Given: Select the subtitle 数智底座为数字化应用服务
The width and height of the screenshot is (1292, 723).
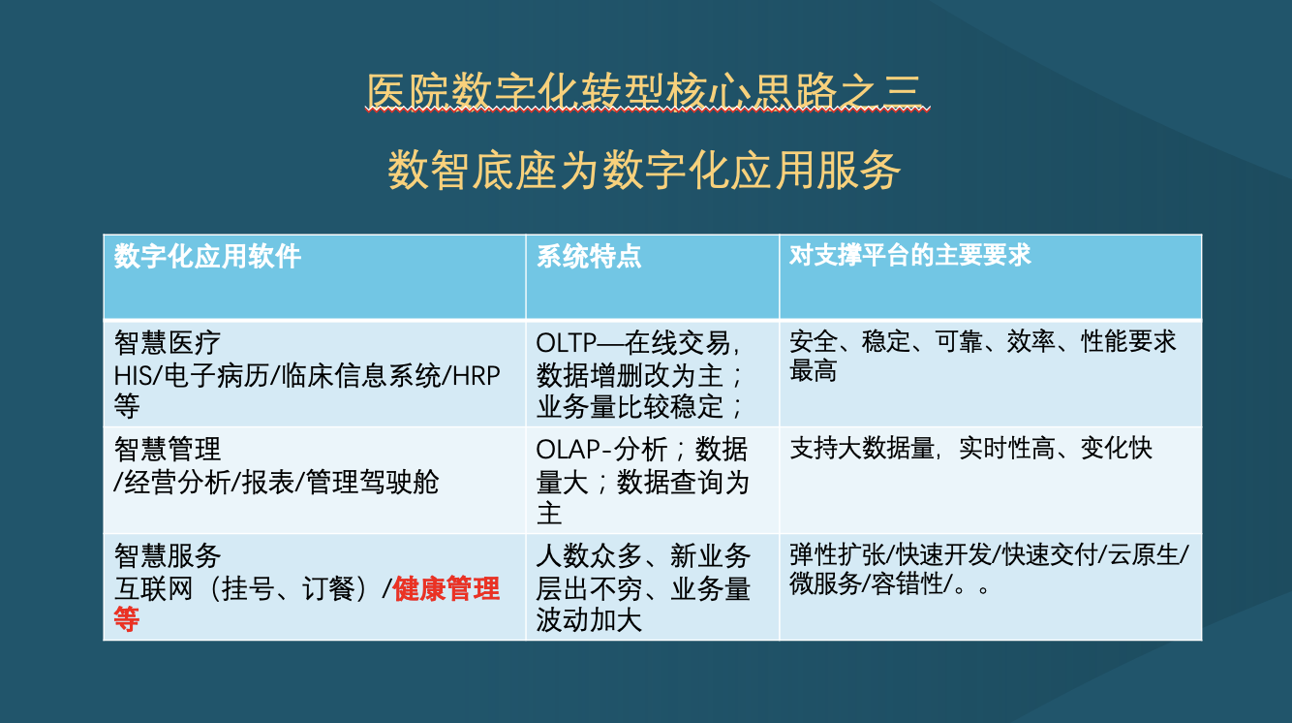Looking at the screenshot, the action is tap(644, 170).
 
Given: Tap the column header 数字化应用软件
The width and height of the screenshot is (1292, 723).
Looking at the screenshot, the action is tap(207, 256).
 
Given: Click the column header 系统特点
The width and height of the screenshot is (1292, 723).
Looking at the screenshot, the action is tap(589, 256).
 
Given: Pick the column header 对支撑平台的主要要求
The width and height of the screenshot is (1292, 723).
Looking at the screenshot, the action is tap(909, 255).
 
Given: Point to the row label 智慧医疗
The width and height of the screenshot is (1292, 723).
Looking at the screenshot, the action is tap(168, 343).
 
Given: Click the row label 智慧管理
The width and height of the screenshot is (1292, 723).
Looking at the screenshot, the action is tap(168, 449).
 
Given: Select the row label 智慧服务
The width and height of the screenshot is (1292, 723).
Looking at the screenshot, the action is tap(168, 555).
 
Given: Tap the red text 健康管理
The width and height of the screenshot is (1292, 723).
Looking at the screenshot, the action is tap(446, 588).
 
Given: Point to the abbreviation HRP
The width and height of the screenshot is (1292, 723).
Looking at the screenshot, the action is tap(477, 376).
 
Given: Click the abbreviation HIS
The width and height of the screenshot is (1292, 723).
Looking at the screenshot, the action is tap(133, 376).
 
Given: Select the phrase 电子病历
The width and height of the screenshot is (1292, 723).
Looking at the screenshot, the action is tap(217, 376).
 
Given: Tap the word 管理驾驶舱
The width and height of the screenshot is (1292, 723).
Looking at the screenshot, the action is tap(372, 483).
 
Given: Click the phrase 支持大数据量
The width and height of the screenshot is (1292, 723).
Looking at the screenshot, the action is tap(862, 449).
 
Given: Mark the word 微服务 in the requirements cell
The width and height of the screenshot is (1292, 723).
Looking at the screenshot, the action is tap(825, 583).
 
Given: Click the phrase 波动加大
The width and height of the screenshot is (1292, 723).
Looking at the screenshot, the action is tap(589, 620).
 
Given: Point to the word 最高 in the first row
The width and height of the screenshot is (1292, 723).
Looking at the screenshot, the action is tap(813, 370).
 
